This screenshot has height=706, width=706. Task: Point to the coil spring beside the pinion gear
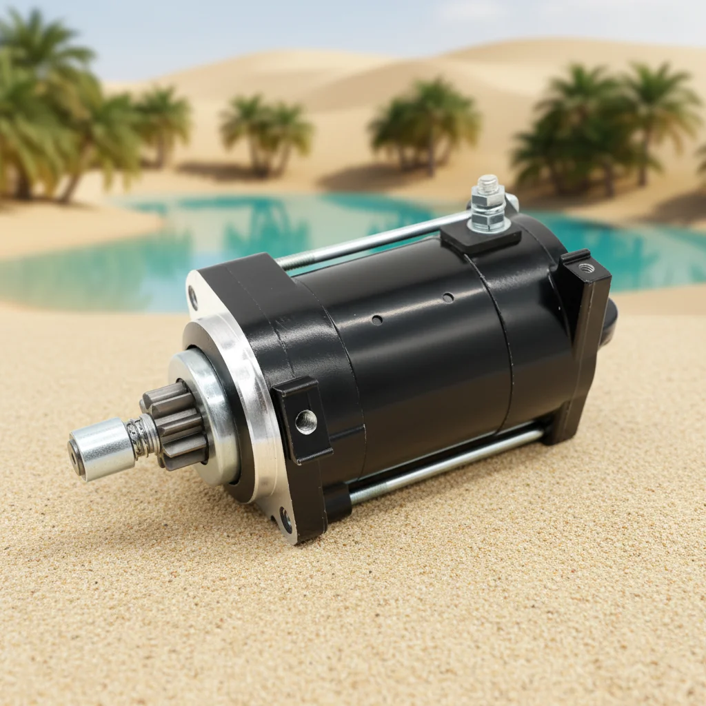pos(143,436)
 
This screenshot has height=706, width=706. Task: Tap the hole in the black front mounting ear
pos(305,421)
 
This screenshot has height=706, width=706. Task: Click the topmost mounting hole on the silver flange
pos(193,297)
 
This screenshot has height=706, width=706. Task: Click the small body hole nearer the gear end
pos(376,320)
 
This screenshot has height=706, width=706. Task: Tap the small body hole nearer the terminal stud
pos(448,298)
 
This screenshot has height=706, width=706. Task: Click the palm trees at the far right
pos(607,128)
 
